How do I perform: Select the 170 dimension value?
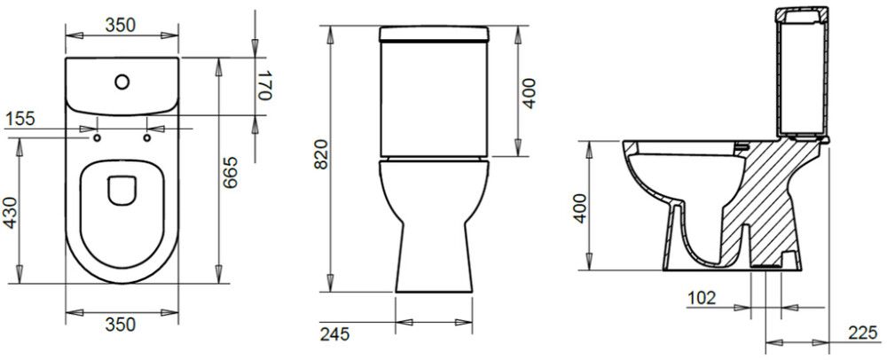(x=263, y=87)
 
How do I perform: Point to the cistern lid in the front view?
(x=436, y=35)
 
